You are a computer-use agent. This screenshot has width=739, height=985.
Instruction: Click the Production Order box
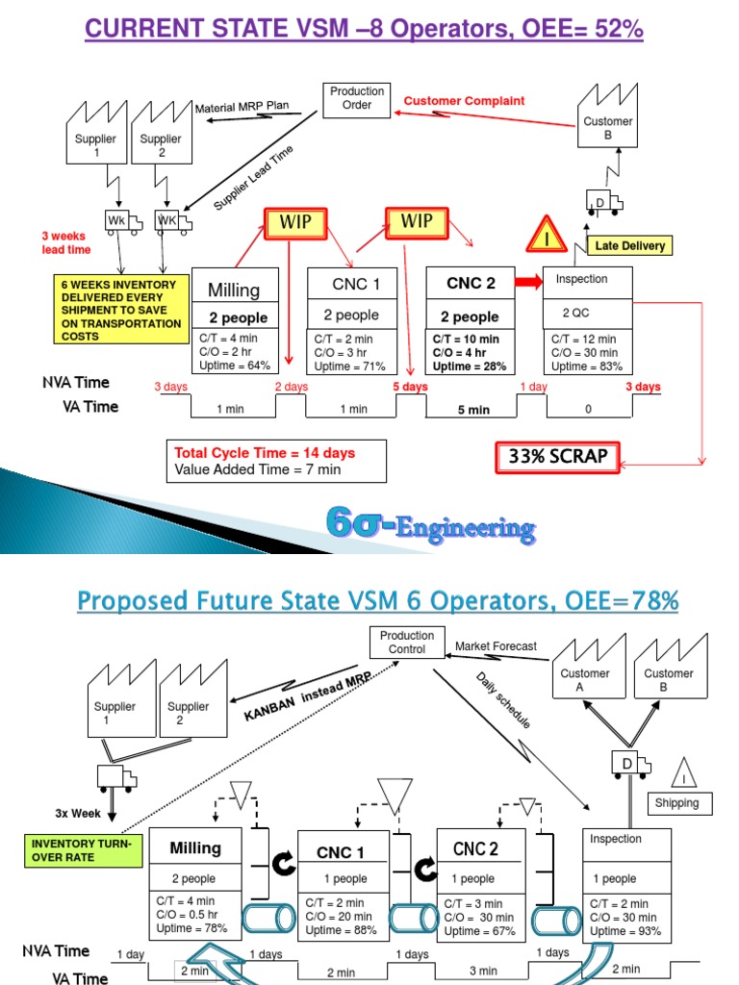click(357, 98)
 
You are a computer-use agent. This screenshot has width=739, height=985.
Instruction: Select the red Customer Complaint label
click(464, 101)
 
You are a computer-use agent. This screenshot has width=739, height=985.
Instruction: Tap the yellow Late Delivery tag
click(628, 245)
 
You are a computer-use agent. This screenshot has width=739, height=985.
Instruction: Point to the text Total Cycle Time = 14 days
click(265, 453)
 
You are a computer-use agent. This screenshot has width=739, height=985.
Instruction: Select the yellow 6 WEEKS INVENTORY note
click(120, 311)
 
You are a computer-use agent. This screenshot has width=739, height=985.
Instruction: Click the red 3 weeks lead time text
click(65, 242)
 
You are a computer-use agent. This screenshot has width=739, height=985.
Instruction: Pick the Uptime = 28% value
click(466, 366)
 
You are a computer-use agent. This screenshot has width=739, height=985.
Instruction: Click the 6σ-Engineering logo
click(430, 525)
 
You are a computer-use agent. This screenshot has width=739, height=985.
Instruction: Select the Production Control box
click(407, 642)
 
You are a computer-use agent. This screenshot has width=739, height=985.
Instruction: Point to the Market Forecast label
click(496, 646)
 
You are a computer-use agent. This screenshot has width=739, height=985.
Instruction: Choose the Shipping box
click(677, 803)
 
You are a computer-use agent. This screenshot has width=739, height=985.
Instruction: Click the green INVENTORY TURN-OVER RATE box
click(82, 849)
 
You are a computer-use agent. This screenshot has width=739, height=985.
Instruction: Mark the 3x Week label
click(78, 813)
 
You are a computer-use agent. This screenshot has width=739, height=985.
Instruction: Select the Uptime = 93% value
click(625, 931)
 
